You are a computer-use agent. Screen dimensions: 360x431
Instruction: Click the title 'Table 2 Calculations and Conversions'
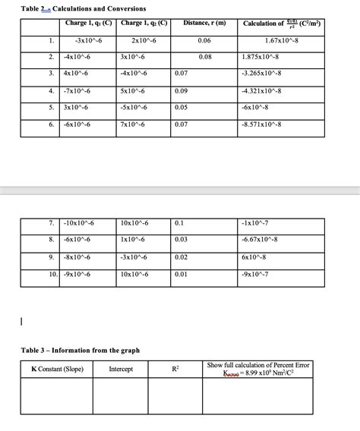pyautogui.click(x=73, y=8)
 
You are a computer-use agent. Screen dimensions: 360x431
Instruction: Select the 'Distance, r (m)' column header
pyautogui.click(x=204, y=24)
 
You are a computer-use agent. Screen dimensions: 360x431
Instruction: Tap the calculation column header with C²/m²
pyautogui.click(x=281, y=24)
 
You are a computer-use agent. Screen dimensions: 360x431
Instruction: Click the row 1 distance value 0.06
pyautogui.click(x=204, y=39)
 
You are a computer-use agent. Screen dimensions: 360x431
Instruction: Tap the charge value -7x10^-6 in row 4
pyautogui.click(x=80, y=91)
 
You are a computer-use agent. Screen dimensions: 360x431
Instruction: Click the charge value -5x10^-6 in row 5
pyautogui.click(x=134, y=108)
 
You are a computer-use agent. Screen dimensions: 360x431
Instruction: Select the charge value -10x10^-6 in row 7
pyautogui.click(x=81, y=223)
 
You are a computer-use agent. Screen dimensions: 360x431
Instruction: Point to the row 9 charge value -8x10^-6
pyautogui.click(x=80, y=256)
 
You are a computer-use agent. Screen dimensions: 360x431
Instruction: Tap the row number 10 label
pyautogui.click(x=52, y=273)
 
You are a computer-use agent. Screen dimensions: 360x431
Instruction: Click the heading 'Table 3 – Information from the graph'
pyautogui.click(x=80, y=351)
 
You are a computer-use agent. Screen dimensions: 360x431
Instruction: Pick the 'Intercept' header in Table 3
pyautogui.click(x=121, y=369)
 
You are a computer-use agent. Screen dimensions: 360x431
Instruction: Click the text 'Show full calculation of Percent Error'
pyautogui.click(x=257, y=365)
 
